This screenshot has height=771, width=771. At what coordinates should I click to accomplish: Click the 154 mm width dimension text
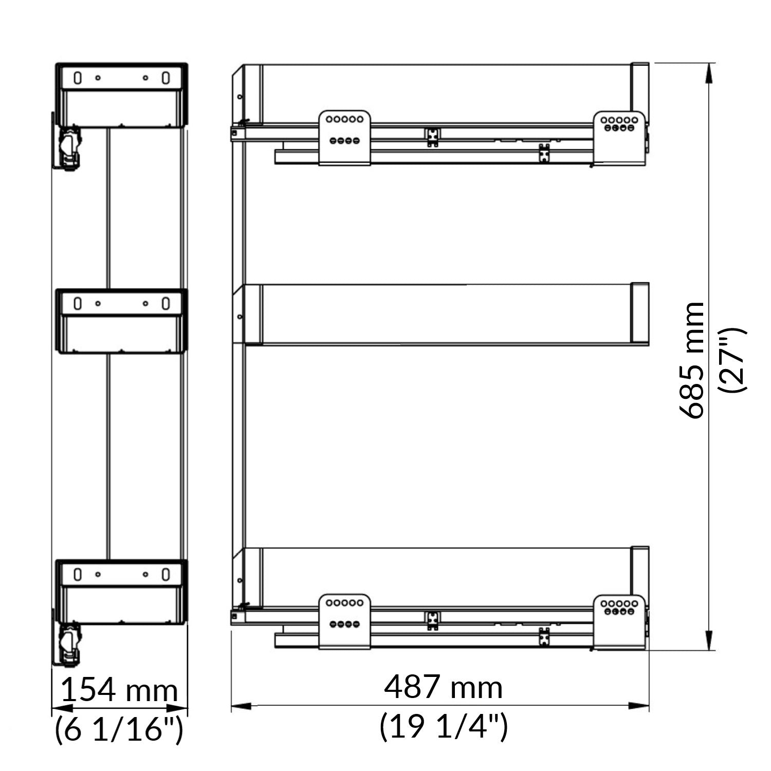pyautogui.click(x=119, y=690)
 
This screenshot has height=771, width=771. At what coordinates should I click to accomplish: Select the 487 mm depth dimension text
pyautogui.click(x=443, y=687)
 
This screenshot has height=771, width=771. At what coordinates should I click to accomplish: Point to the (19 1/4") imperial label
pyautogui.click(x=444, y=726)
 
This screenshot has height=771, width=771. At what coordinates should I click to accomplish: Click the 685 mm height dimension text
pyautogui.click(x=691, y=360)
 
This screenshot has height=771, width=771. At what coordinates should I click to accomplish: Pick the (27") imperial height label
pyautogui.click(x=732, y=360)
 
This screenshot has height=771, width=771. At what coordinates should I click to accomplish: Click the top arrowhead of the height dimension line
pyautogui.click(x=709, y=72)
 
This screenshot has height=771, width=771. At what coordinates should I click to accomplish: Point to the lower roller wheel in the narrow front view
pyautogui.click(x=70, y=639)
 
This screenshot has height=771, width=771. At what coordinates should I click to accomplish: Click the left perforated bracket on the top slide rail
pyautogui.click(x=344, y=137)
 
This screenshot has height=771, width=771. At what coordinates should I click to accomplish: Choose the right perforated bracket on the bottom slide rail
pyautogui.click(x=619, y=622)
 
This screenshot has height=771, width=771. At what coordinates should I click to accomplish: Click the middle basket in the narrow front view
pyautogui.click(x=121, y=321)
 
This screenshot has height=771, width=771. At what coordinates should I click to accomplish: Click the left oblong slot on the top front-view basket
pyautogui.click(x=77, y=78)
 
